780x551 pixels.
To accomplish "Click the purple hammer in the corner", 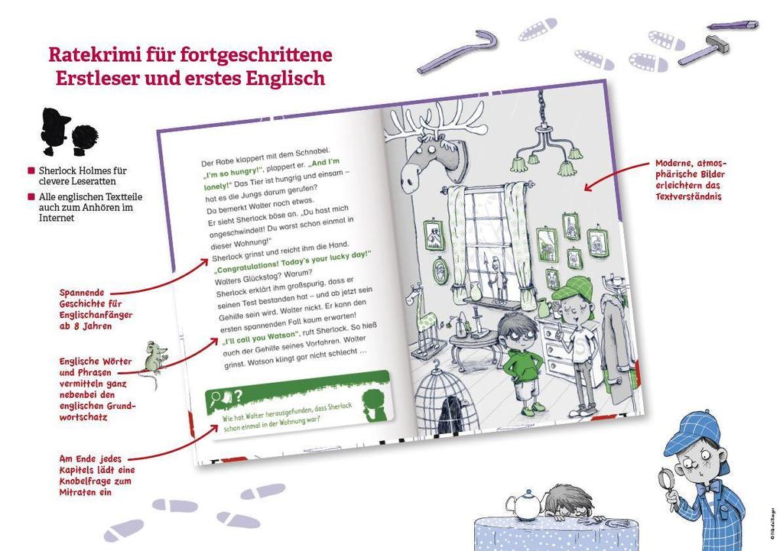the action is click(x=703, y=49).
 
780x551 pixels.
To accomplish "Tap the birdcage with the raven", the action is click(x=444, y=398).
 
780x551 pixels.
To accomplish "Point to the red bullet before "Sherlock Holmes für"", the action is click(x=31, y=171).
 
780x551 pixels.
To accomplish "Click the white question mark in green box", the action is click(x=239, y=395).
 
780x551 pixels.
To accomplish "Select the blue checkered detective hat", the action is click(x=692, y=431).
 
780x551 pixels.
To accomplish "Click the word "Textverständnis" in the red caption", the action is click(x=688, y=196).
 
